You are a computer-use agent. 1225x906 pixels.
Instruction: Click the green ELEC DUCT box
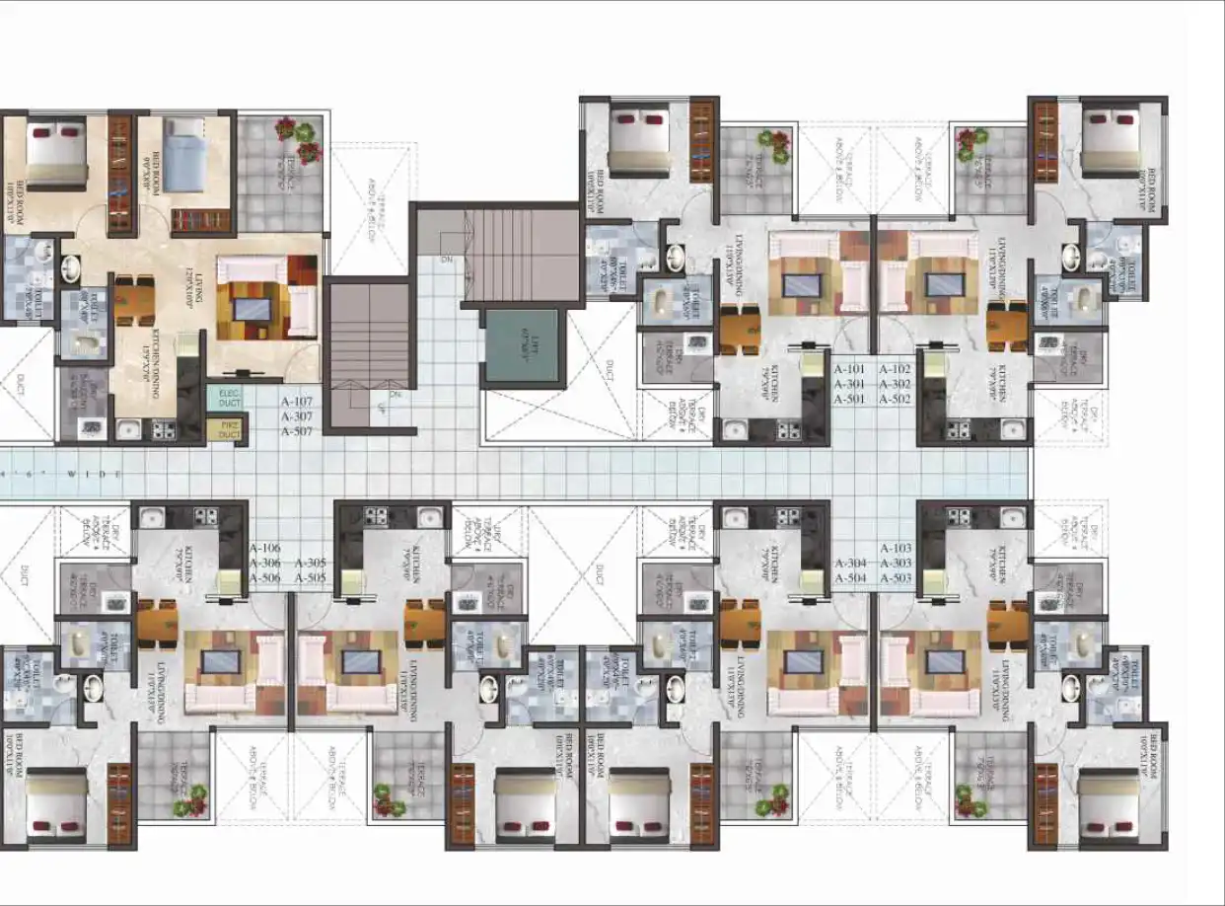coord(228,399)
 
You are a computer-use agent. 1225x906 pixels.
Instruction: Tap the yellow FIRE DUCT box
coord(228,429)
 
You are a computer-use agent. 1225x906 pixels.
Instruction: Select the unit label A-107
coord(297,403)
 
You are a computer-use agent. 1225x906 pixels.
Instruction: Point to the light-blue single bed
coord(181,158)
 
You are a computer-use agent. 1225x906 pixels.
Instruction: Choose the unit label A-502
coord(894,400)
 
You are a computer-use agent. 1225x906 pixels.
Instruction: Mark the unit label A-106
coord(265,549)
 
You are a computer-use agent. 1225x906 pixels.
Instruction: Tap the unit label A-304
coord(850,564)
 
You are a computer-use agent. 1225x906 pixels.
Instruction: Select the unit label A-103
coord(896,548)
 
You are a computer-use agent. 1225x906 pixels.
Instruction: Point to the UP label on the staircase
coord(381,408)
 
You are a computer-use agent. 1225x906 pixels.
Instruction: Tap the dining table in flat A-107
coord(134,298)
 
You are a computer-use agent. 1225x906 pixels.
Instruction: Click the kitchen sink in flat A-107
coord(127,429)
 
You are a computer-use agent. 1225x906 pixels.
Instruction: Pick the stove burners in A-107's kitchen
coord(163,429)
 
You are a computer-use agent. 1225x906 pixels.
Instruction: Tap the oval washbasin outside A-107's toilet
coord(71,268)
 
